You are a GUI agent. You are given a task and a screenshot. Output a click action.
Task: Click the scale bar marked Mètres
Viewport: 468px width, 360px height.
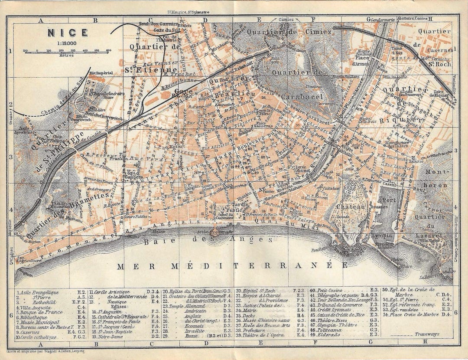[67, 51]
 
